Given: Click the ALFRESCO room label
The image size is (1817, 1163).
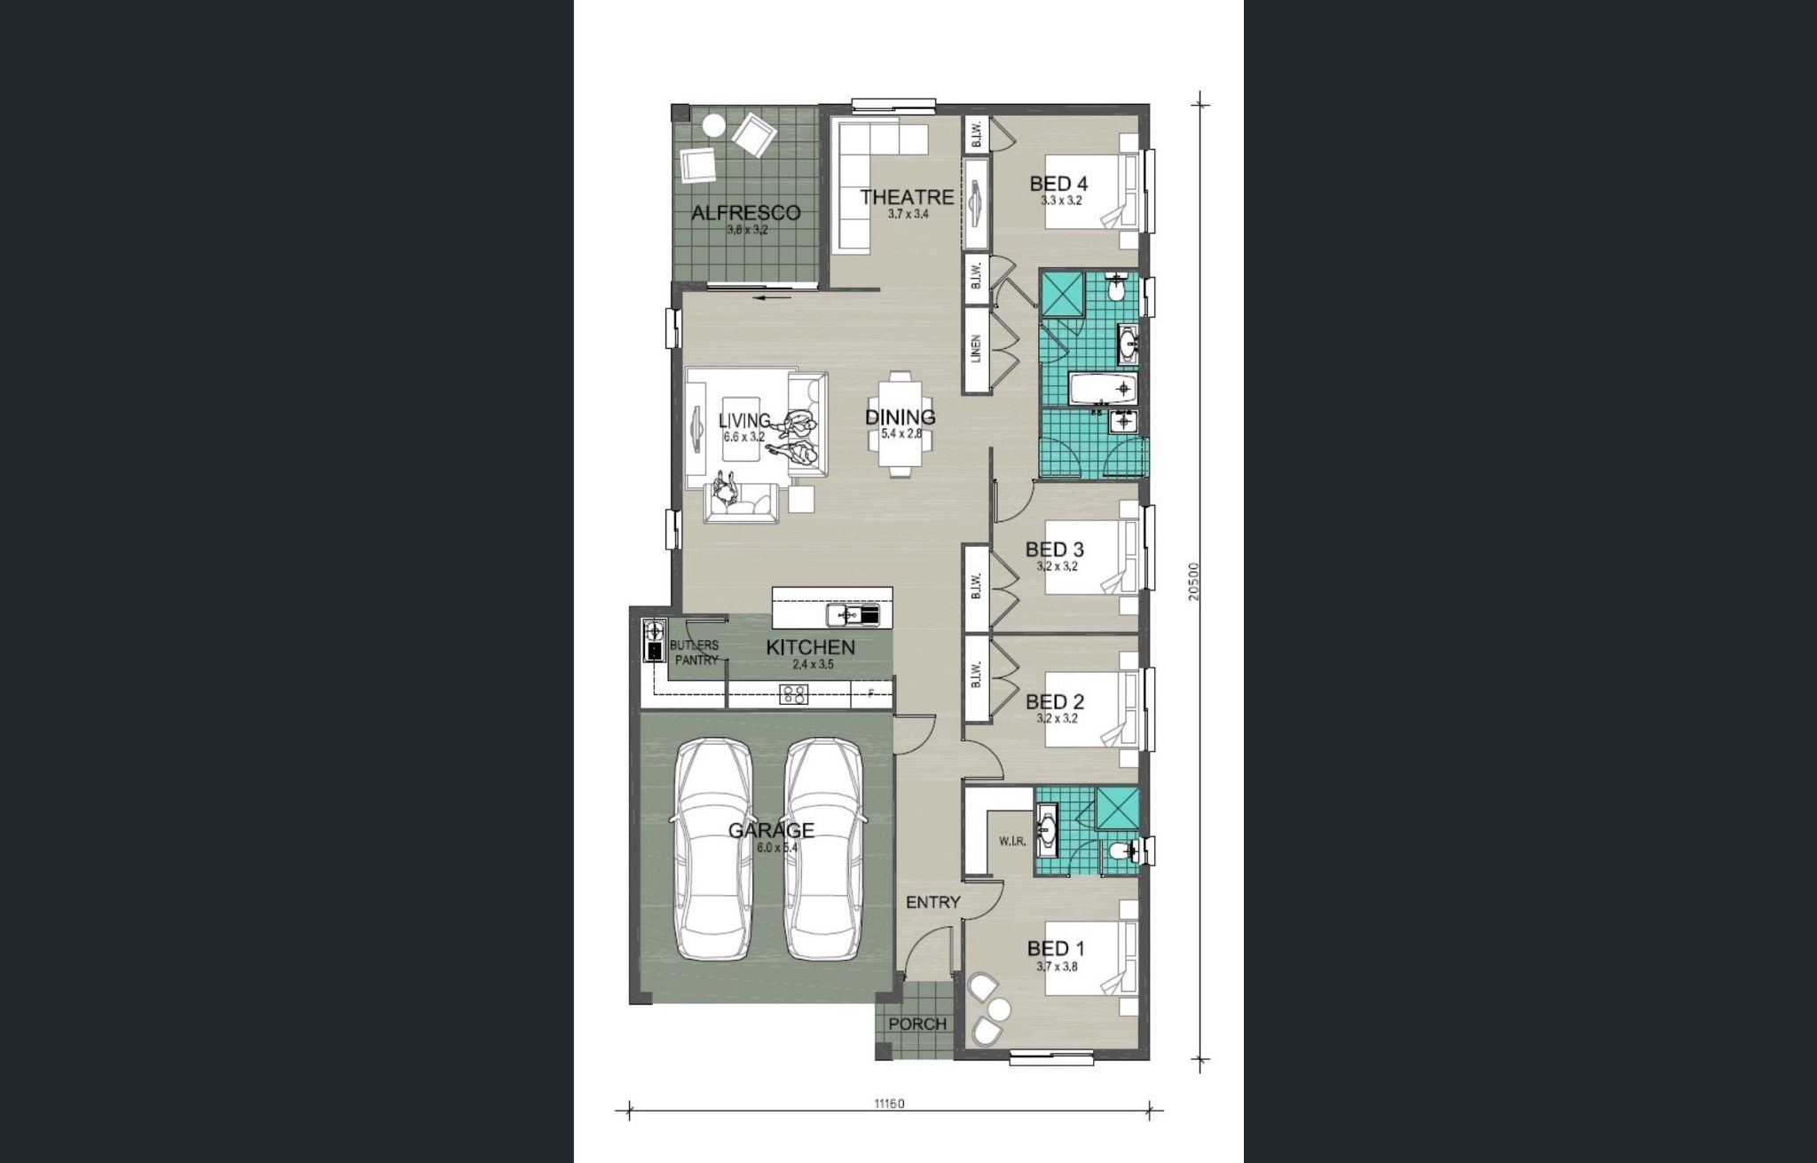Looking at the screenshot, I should [x=745, y=213].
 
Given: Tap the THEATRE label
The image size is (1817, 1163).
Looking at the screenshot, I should [x=907, y=196].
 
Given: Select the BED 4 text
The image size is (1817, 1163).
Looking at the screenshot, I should [x=1058, y=184].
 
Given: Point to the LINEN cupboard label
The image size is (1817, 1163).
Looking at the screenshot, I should [x=976, y=349].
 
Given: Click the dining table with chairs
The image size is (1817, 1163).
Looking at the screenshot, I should [x=900, y=423].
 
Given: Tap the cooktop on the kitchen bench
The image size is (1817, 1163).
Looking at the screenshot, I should [x=793, y=695].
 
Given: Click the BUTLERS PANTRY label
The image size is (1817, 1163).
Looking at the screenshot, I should [x=695, y=653].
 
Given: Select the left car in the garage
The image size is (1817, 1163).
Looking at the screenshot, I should [x=715, y=849].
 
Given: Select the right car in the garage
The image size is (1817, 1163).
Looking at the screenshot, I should [x=824, y=849].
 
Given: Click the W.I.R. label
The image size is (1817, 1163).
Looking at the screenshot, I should [x=1012, y=841].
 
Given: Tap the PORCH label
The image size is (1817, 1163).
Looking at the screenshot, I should [x=917, y=1024].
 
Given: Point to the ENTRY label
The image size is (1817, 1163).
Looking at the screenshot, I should [x=932, y=902].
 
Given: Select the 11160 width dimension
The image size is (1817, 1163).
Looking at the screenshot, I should [x=889, y=1104].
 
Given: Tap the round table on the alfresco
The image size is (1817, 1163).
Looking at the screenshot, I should [x=713, y=126].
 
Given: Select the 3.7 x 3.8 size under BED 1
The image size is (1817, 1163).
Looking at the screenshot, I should [x=1057, y=967].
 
